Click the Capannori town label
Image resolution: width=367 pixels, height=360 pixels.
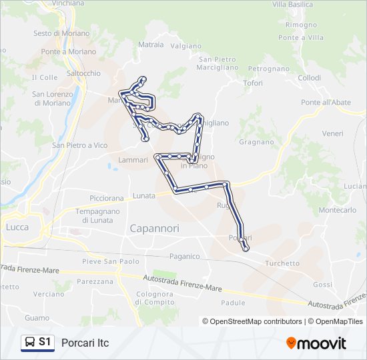click(x=154, y=228)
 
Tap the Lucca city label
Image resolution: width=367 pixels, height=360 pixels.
click(x=17, y=227)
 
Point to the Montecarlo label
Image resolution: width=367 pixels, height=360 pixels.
click(x=338, y=209)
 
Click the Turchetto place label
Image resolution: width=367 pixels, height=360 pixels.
click(x=282, y=263)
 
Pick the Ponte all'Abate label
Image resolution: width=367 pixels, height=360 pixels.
click(x=326, y=102)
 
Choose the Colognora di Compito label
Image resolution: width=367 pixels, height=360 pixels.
click(x=155, y=298)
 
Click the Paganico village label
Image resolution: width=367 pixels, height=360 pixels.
click(x=185, y=256)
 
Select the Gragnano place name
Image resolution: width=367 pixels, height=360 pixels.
click(x=256, y=142)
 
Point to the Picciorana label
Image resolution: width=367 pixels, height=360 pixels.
click(x=107, y=198)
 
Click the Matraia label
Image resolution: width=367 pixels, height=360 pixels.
click(x=151, y=45)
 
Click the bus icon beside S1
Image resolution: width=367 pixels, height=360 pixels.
click(x=30, y=343)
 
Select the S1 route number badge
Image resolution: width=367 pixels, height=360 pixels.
click(x=45, y=343)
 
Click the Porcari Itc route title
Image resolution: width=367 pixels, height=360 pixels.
click(x=85, y=343)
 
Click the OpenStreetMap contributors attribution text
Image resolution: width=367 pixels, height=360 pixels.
click(x=252, y=321)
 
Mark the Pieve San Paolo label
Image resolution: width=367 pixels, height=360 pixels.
click(x=111, y=261)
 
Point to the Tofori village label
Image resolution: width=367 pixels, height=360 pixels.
click(x=253, y=83)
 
